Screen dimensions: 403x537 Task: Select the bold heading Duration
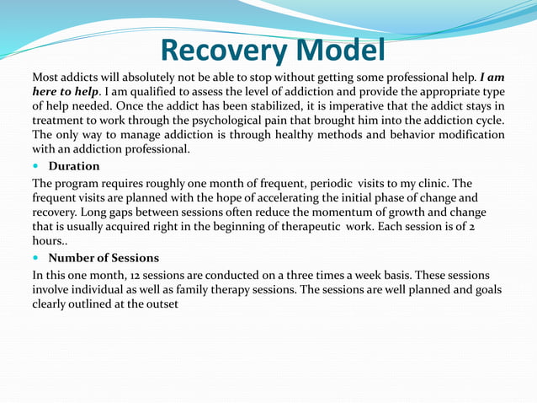[74, 166]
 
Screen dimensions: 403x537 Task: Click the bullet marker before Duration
[36, 166]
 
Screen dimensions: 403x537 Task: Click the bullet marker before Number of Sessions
[36, 258]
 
